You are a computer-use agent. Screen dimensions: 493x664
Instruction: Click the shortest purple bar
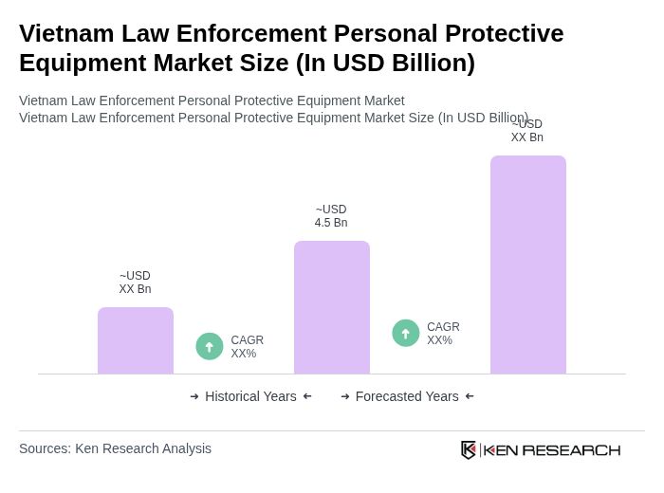pyautogui.click(x=136, y=340)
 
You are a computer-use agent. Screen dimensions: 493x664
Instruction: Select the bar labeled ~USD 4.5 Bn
pyautogui.click(x=331, y=307)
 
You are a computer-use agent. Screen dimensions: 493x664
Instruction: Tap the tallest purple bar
pyautogui.click(x=527, y=265)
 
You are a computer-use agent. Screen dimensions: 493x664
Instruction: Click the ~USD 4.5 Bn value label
pyautogui.click(x=331, y=216)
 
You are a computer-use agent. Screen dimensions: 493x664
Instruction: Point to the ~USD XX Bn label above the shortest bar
pyautogui.click(x=135, y=283)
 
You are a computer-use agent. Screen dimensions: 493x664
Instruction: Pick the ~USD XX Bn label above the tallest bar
pyautogui.click(x=527, y=132)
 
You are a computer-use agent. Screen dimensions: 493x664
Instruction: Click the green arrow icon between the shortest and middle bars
pyautogui.click(x=210, y=347)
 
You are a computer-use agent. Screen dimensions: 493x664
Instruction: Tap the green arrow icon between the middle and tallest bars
pyautogui.click(x=406, y=334)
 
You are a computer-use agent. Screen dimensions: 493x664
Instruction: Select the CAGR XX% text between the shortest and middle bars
pyautogui.click(x=247, y=347)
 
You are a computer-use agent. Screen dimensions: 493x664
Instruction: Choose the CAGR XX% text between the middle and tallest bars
pyautogui.click(x=443, y=334)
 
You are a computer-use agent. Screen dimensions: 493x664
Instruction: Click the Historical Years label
pyautogui.click(x=250, y=396)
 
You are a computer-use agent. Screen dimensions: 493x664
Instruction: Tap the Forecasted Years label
pyautogui.click(x=407, y=396)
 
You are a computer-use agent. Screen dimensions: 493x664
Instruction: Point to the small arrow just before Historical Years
pyautogui.click(x=194, y=396)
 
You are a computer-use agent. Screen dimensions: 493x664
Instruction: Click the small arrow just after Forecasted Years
pyautogui.click(x=470, y=396)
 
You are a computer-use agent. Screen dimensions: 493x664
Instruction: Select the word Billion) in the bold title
pyautogui.click(x=423, y=63)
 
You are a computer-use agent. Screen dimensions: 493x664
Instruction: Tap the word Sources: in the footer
pyautogui.click(x=45, y=448)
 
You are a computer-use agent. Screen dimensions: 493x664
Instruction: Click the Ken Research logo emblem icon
pyautogui.click(x=469, y=449)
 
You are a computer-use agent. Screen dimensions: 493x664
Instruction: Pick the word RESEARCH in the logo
pyautogui.click(x=571, y=449)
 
